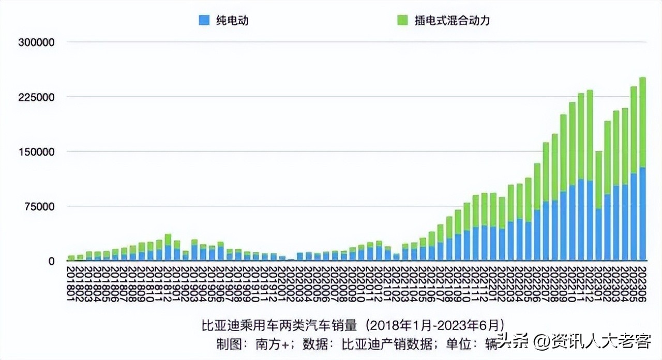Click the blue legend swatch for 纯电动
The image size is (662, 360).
pyautogui.click(x=204, y=20)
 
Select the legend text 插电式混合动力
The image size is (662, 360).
pyautogui.click(x=452, y=21)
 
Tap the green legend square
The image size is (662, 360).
pyautogui.click(x=402, y=20)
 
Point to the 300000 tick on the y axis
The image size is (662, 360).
pyautogui.click(x=36, y=42)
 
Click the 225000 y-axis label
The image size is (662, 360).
pyautogui.click(x=36, y=97)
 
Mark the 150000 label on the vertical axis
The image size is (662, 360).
pyautogui.click(x=36, y=152)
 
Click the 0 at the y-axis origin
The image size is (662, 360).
pyautogui.click(x=51, y=262)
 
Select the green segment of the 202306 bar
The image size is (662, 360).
pyautogui.click(x=643, y=122)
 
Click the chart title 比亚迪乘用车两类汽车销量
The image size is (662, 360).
pyautogui.click(x=279, y=325)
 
